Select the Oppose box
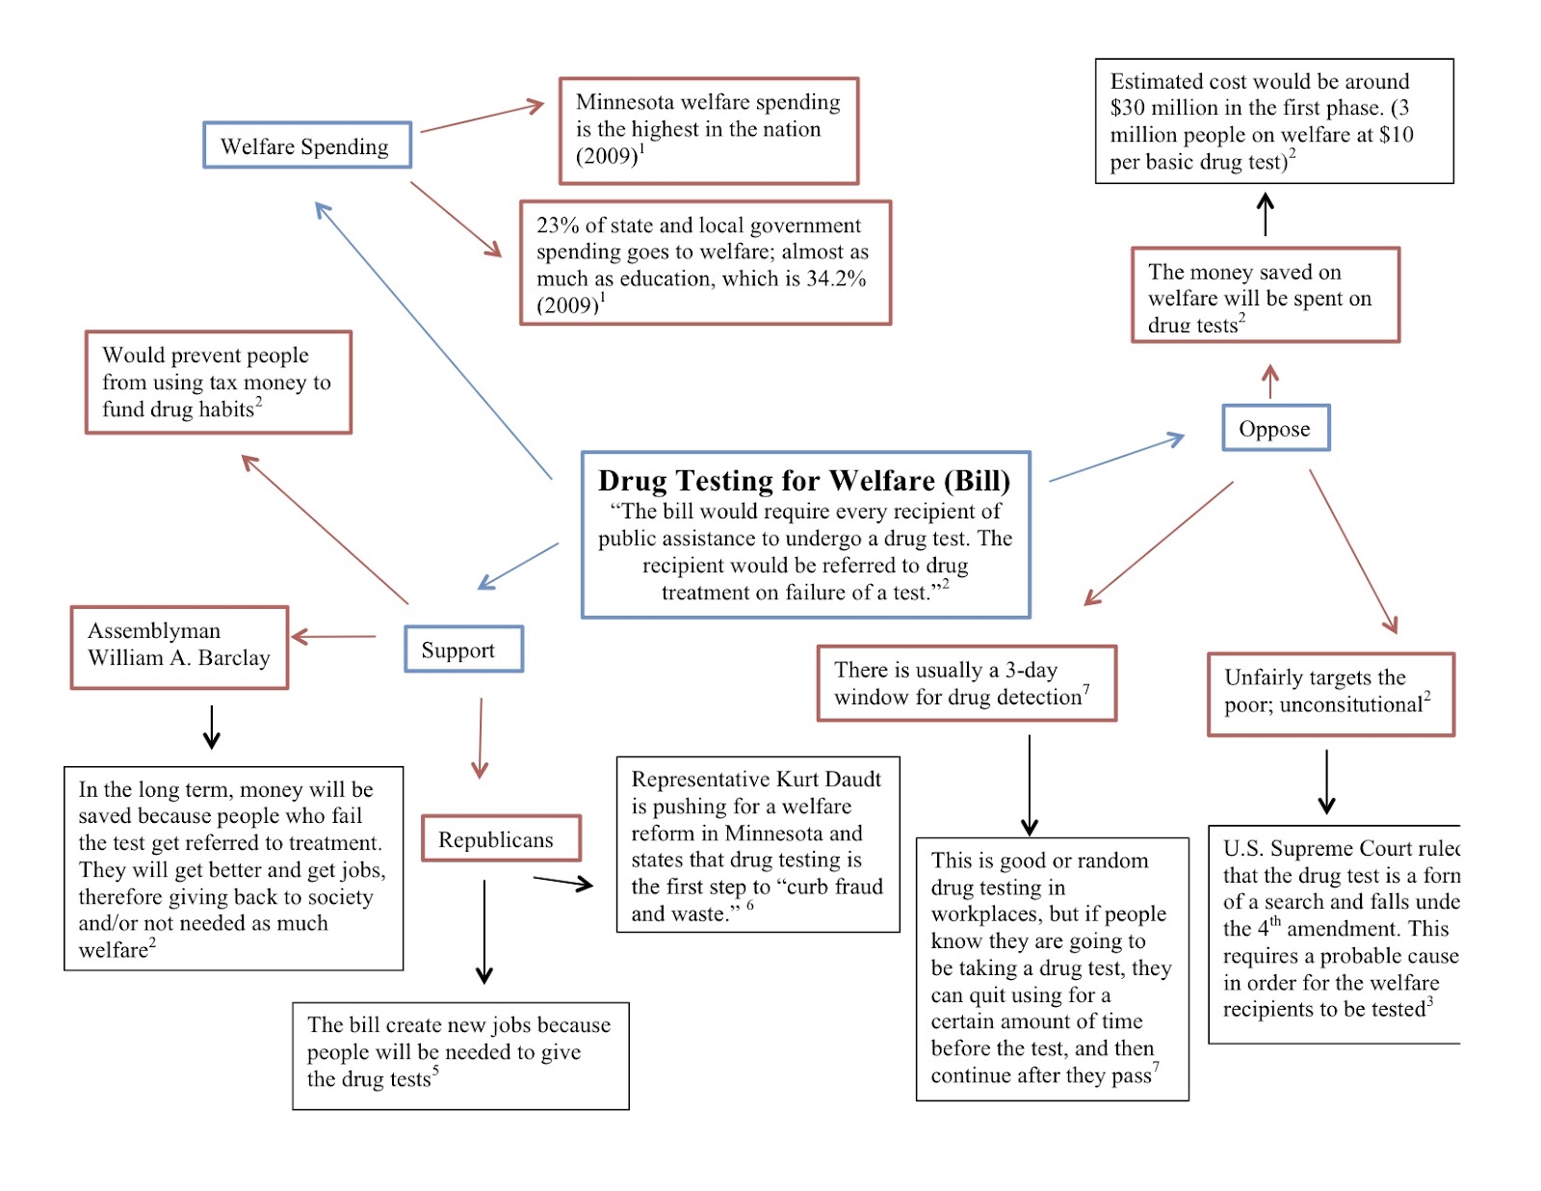tap(1275, 429)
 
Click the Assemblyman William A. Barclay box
tap(179, 647)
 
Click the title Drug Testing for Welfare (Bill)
tap(804, 481)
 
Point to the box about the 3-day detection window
tap(966, 683)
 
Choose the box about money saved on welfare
tap(1265, 295)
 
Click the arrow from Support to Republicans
tap(480, 738)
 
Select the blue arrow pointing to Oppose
tap(1117, 459)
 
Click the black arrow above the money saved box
tap(1266, 214)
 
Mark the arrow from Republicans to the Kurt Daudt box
tap(562, 882)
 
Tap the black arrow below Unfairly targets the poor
tap(1326, 781)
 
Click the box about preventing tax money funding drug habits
tap(219, 383)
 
